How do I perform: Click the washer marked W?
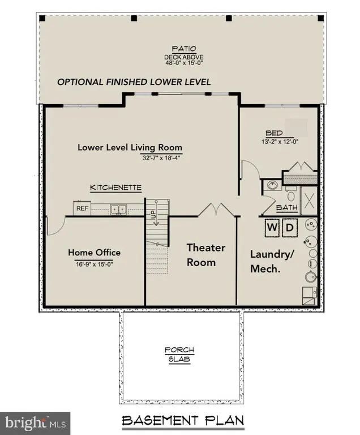(x=272, y=228)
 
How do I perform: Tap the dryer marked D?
(x=290, y=228)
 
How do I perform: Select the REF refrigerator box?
(x=82, y=208)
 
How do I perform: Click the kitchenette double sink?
(x=118, y=209)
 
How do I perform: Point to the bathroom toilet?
(x=291, y=194)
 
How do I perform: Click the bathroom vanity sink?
(x=273, y=185)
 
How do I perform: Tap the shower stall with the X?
(x=309, y=201)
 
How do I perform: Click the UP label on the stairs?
(x=153, y=214)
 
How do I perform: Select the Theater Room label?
(x=206, y=255)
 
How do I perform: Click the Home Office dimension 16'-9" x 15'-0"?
(x=95, y=264)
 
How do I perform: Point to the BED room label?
(x=274, y=133)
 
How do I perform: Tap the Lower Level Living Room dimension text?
(x=161, y=158)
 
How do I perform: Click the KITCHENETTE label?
(x=115, y=187)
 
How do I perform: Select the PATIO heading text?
(x=184, y=49)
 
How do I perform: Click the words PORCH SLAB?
(x=179, y=355)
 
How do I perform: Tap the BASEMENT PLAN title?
(x=183, y=421)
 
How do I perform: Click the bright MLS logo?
(x=35, y=423)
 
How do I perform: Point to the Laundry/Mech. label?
(x=272, y=261)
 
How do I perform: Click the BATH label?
(x=287, y=207)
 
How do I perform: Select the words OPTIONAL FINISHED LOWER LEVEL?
(x=134, y=82)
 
